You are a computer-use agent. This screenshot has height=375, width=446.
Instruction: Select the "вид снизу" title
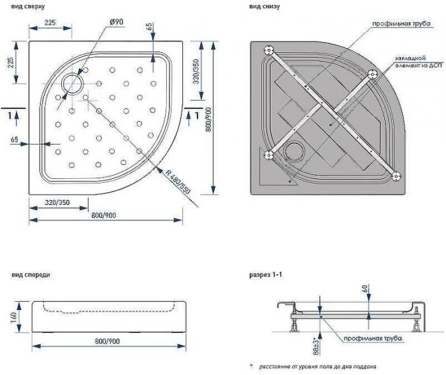pos(263,6)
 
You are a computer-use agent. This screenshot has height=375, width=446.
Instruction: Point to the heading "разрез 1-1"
pos(265,275)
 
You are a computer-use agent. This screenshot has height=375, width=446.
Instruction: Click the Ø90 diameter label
pos(116,22)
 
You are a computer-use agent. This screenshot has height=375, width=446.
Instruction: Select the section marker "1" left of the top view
pos(9,115)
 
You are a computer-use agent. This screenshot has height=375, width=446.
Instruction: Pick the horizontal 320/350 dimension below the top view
pos(57,203)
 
